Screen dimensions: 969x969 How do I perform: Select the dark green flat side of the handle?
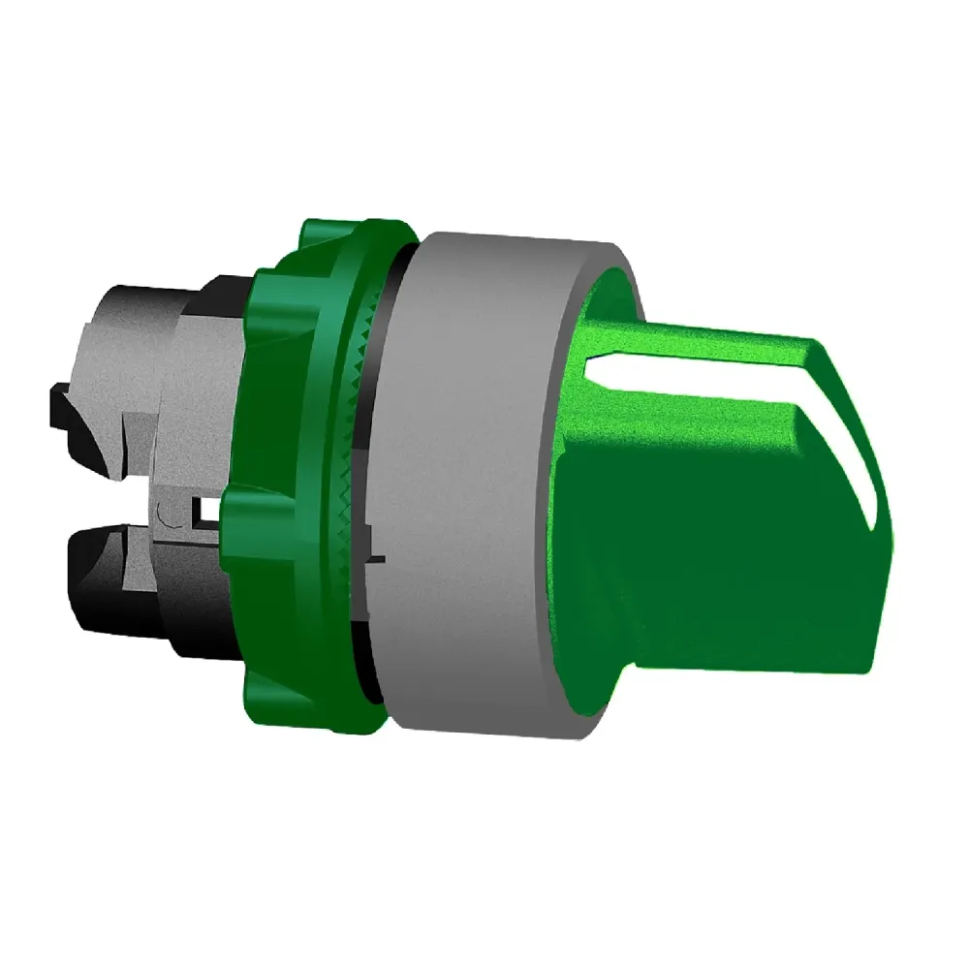[717, 543]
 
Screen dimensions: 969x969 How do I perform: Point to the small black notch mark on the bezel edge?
[379, 559]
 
